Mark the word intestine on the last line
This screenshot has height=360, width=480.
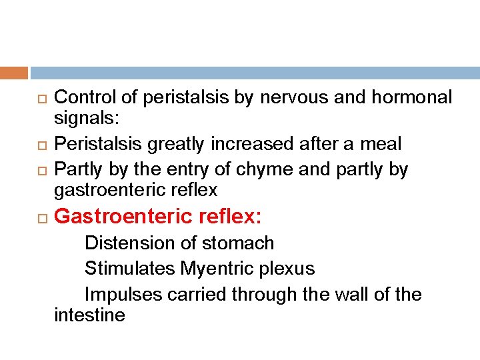pyautogui.click(x=89, y=315)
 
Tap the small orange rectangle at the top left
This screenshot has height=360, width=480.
pyautogui.click(x=14, y=73)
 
